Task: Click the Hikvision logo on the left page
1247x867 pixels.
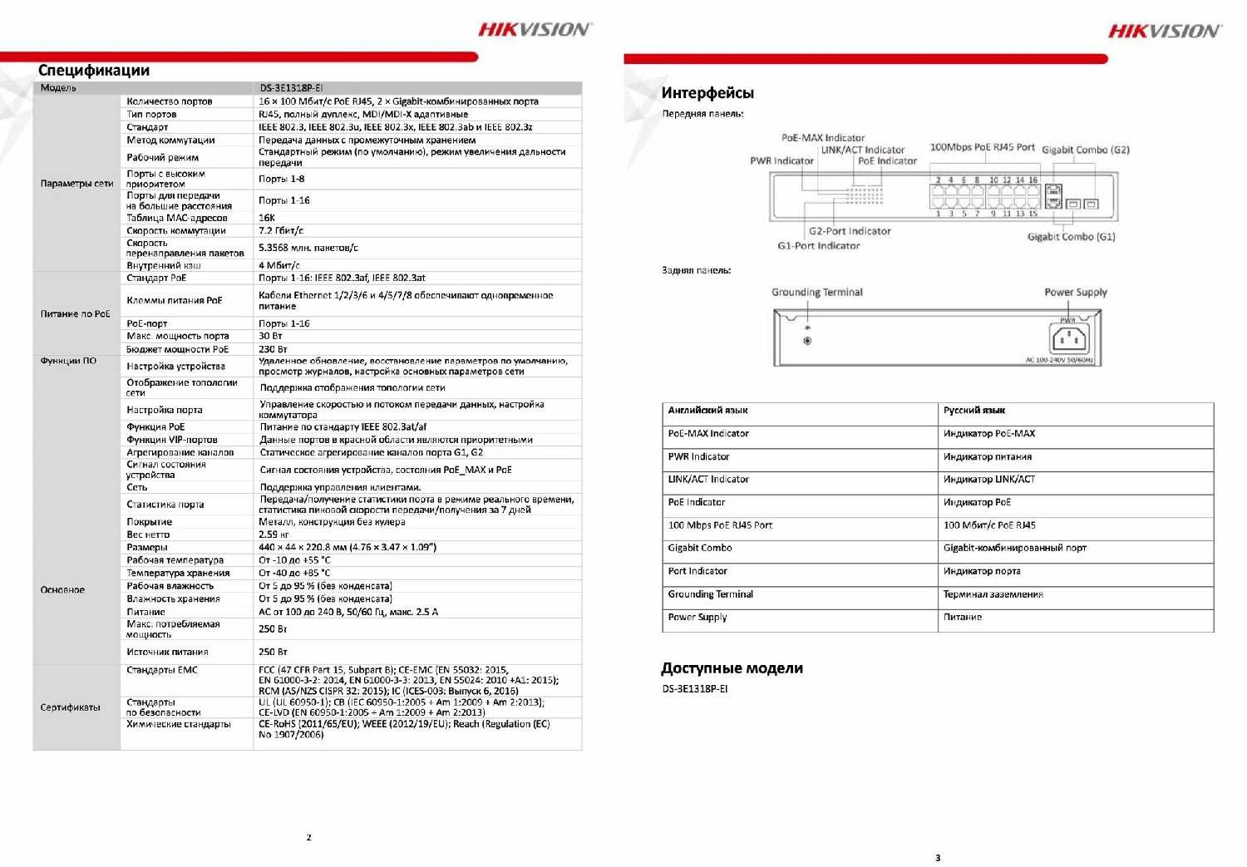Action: click(x=535, y=30)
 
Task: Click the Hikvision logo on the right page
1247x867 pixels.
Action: click(x=1164, y=32)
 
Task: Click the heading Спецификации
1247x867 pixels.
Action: click(x=94, y=71)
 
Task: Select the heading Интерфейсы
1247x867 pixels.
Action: click(x=707, y=93)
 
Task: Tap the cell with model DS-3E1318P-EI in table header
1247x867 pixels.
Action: click(x=291, y=88)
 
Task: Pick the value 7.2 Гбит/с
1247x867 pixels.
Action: click(x=281, y=231)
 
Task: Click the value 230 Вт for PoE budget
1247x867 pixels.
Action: click(x=273, y=350)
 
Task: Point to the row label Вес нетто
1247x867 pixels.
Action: click(x=148, y=535)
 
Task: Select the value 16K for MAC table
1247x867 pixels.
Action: click(x=267, y=219)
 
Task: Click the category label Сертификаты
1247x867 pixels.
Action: click(x=71, y=707)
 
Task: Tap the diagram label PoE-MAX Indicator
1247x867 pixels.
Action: click(x=823, y=138)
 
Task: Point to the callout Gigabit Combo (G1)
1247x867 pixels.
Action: click(x=1071, y=237)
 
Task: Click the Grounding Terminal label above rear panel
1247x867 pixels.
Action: click(x=816, y=293)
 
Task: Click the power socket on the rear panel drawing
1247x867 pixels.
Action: click(x=1070, y=339)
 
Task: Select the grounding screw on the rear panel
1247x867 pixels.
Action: click(x=807, y=341)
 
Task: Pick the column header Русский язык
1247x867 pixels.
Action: click(x=974, y=411)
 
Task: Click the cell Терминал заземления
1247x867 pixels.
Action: click(x=993, y=594)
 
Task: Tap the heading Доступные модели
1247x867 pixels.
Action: click(x=732, y=668)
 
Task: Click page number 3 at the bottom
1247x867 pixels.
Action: click(x=938, y=858)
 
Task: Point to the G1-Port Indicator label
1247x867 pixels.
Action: click(x=818, y=246)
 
